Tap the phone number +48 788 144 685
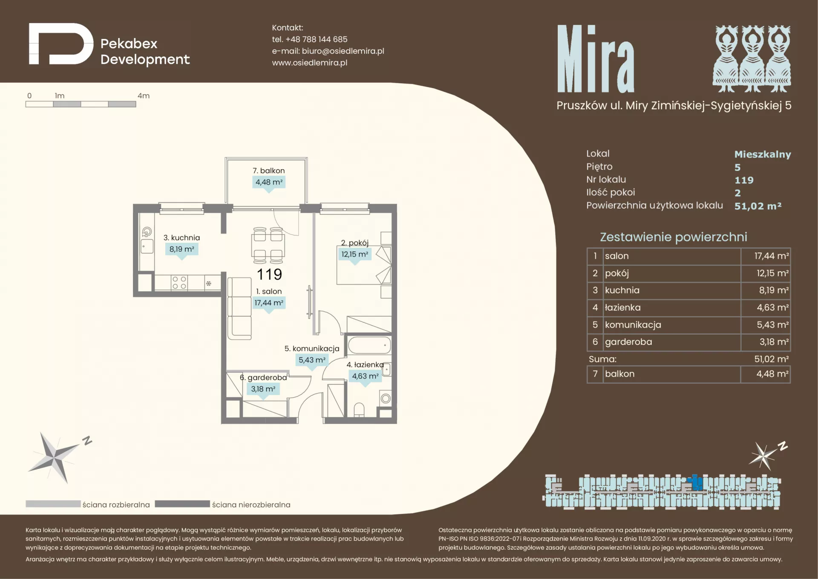pyautogui.click(x=316, y=39)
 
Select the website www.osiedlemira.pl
pyautogui.click(x=310, y=63)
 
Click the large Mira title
pyautogui.click(x=596, y=59)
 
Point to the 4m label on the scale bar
pyautogui.click(x=144, y=96)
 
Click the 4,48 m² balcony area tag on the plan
pyautogui.click(x=269, y=182)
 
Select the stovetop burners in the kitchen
pyautogui.click(x=179, y=283)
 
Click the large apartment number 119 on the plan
pyautogui.click(x=269, y=274)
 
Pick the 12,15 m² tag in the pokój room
pyautogui.click(x=355, y=254)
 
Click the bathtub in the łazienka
pyautogui.click(x=369, y=345)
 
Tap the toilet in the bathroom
pyautogui.click(x=359, y=410)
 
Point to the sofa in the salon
pyautogui.click(x=239, y=308)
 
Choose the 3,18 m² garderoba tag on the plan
pyautogui.click(x=263, y=389)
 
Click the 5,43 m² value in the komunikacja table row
pyautogui.click(x=772, y=324)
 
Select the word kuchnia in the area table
pyautogui.click(x=622, y=290)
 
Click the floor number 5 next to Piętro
pyautogui.click(x=737, y=168)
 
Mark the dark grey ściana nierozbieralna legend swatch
pyautogui.click(x=182, y=504)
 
